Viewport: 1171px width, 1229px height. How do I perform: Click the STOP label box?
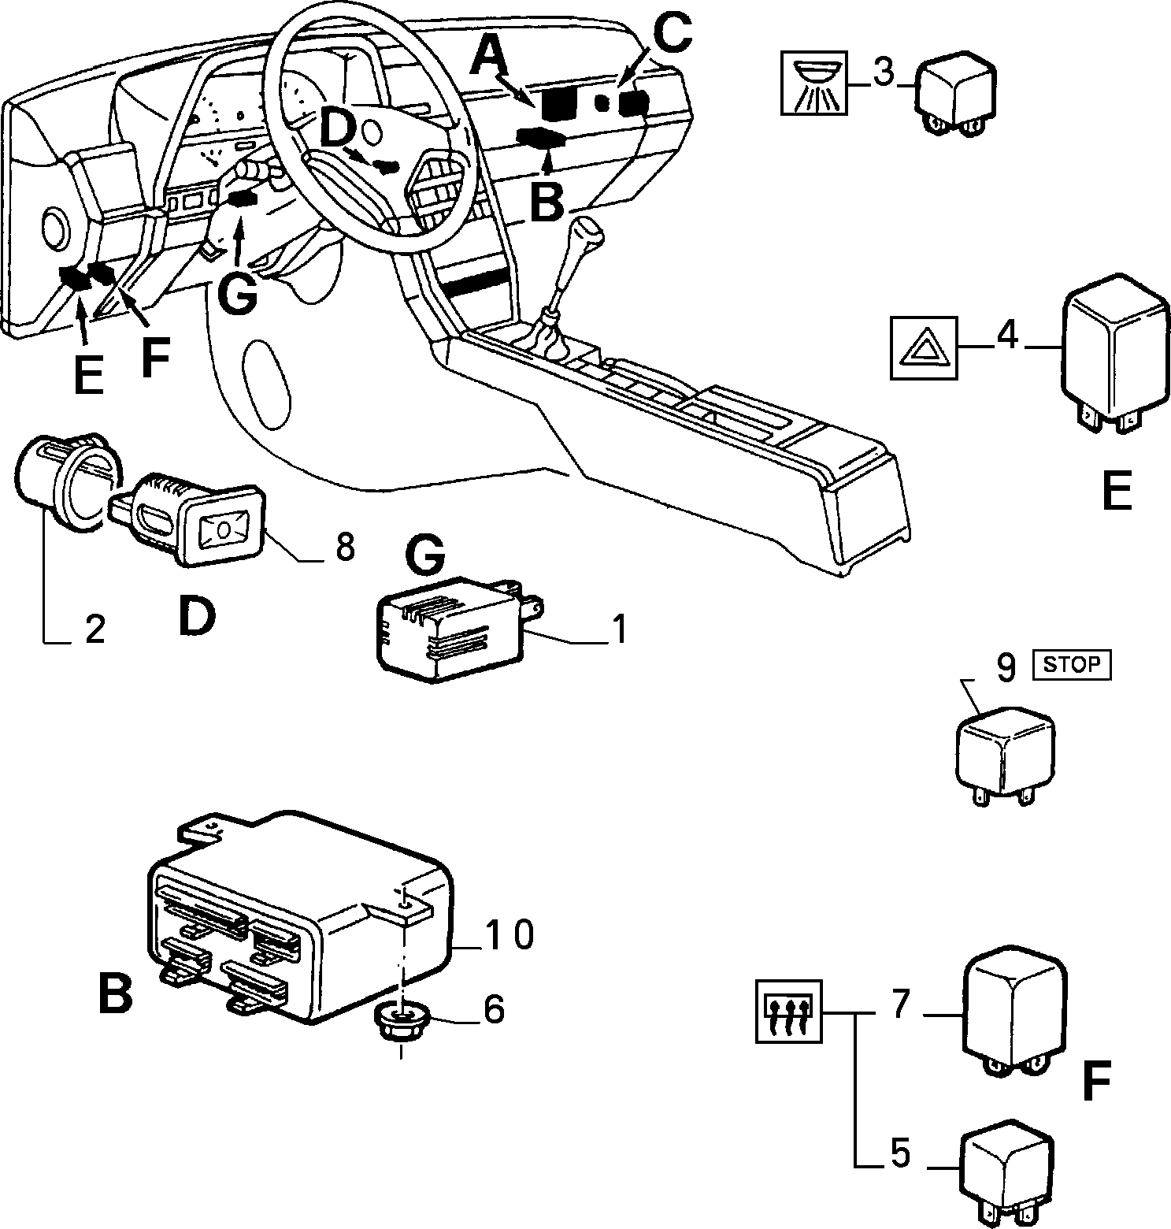coord(1071,664)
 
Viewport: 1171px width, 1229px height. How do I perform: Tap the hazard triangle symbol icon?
coord(925,347)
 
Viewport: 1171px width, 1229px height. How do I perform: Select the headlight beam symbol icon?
coord(815,83)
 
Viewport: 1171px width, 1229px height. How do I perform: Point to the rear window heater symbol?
coord(788,1012)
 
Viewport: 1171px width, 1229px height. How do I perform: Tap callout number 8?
coord(345,546)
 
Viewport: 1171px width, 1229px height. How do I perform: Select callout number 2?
coord(94,629)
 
